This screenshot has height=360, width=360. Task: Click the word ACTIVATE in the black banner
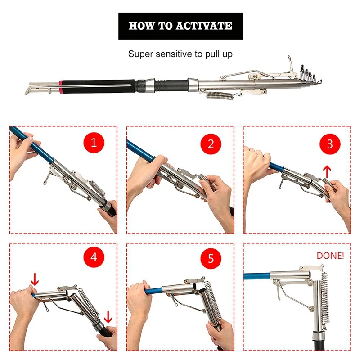pos(204,26)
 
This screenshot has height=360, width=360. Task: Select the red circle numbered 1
pos(94,142)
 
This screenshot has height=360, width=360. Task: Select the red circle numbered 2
pos(211,144)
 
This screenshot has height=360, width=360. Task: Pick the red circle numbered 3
pos(330,144)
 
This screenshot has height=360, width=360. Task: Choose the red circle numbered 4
pos(94,257)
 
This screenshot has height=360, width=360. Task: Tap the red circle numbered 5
pos(211,258)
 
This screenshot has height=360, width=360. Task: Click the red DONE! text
pos(330,256)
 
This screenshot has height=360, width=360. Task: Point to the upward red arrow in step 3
pos(327,172)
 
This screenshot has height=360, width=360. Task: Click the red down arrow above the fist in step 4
pos(35,279)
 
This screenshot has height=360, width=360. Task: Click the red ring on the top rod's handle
pos(61,87)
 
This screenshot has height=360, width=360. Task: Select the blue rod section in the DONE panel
pos(257,276)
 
